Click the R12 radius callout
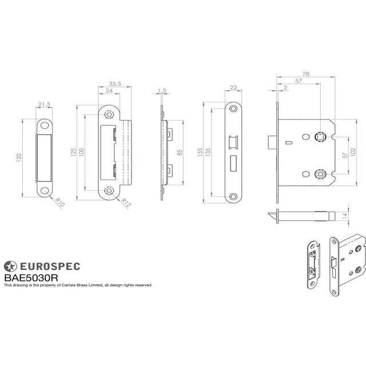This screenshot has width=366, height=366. [127, 201]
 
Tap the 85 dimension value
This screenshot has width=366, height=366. [180, 153]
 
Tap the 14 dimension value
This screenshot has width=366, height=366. [344, 216]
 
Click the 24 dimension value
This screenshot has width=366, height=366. [109, 91]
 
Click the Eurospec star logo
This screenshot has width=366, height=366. [11, 266]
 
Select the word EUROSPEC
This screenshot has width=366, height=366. [50, 266]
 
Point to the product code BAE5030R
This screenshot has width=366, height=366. [31, 277]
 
